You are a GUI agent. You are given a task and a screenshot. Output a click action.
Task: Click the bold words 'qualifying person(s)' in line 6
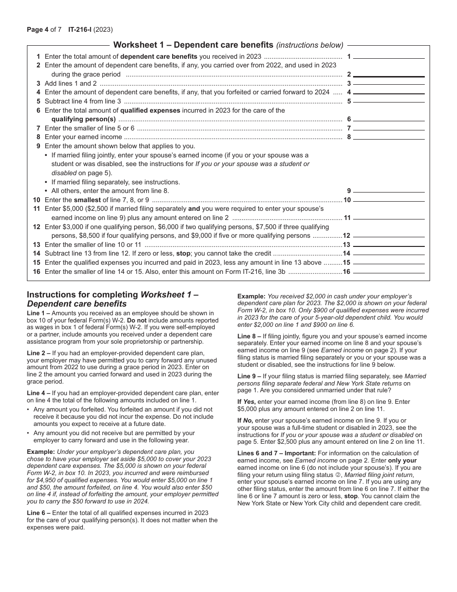pos(84,119)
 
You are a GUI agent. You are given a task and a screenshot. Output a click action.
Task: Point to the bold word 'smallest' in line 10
pos(87,200)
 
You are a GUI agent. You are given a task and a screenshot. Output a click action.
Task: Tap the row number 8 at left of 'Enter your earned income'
pos(38,137)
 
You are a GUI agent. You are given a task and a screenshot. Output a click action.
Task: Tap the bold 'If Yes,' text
pos(247,401)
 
